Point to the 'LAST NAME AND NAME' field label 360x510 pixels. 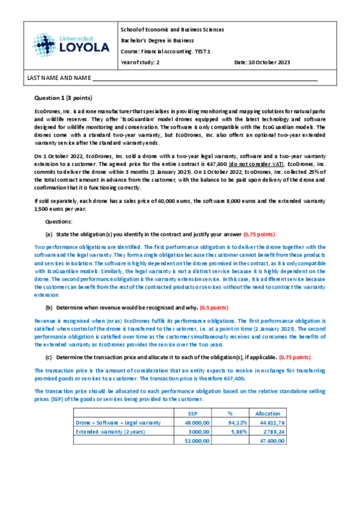(57, 78)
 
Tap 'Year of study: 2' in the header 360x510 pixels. (140, 63)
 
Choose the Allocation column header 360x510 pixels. (267, 413)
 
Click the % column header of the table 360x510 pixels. (230, 413)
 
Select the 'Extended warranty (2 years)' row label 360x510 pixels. (110, 432)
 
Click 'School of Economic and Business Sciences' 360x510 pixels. (172, 29)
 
